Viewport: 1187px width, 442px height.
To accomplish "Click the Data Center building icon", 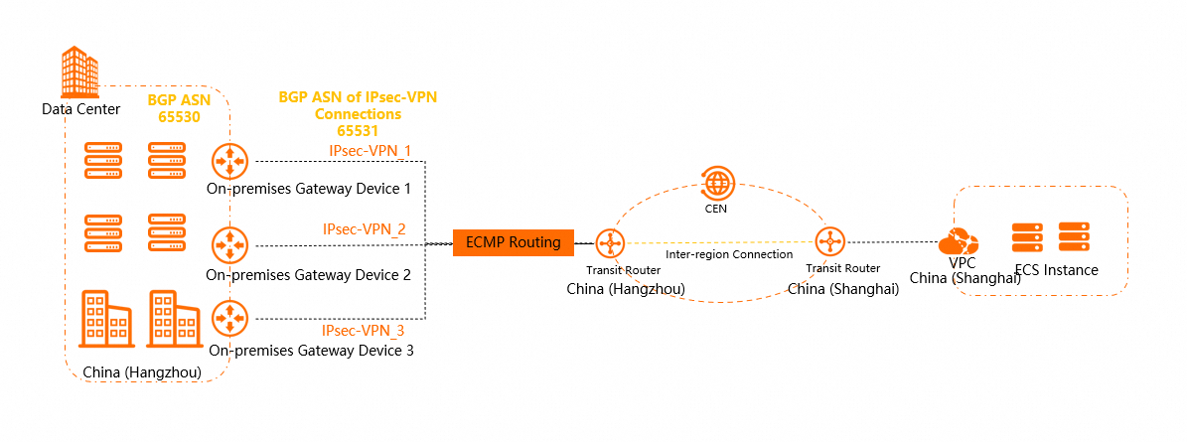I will (x=80, y=72).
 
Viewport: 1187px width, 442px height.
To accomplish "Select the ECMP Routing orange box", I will (x=514, y=242).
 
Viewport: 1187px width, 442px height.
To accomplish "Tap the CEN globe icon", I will (x=716, y=183).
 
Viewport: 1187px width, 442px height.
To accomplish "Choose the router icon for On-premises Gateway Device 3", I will (x=229, y=318).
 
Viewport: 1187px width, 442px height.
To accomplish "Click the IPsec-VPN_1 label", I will (x=370, y=150).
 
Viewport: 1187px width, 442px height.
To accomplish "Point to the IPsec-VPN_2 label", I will (x=364, y=229).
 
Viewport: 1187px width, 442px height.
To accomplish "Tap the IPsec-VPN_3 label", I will (x=364, y=331).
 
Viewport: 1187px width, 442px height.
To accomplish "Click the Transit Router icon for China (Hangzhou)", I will (x=609, y=242).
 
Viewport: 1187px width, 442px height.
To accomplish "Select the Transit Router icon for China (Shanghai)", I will (x=829, y=242).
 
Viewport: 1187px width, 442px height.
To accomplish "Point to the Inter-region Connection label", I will (x=729, y=255).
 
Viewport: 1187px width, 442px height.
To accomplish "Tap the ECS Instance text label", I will (x=1057, y=270).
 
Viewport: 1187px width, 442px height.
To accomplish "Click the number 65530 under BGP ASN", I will (x=179, y=117).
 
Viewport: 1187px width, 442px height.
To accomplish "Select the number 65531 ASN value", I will (x=359, y=130).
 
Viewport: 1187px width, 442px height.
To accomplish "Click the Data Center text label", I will (x=80, y=108).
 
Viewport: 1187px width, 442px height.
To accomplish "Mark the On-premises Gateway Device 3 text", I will (x=311, y=350).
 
